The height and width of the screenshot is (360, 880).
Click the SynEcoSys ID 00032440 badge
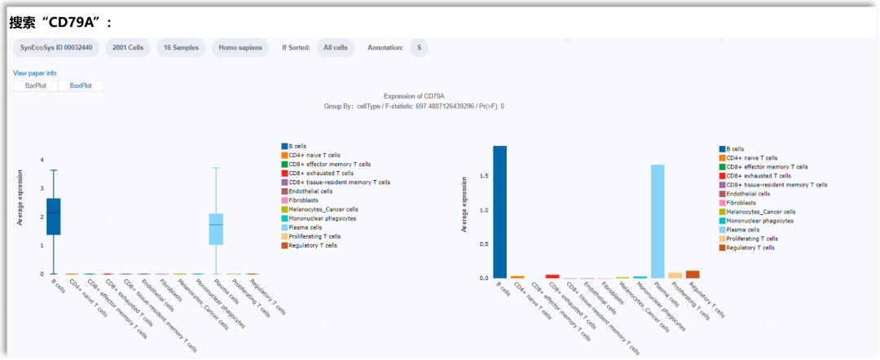click(55, 48)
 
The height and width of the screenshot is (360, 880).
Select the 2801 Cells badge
click(128, 48)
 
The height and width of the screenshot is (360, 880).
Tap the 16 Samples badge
click(181, 48)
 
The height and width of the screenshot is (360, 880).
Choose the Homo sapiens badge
click(240, 48)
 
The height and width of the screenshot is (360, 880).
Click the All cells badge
click(335, 48)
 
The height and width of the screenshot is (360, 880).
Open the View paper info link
click(35, 73)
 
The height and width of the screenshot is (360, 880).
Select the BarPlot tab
click(36, 86)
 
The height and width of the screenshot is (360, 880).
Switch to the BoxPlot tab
click(81, 86)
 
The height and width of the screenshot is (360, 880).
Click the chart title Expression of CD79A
click(413, 96)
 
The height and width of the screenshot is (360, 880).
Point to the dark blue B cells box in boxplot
click(54, 217)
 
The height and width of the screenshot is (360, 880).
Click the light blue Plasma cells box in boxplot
click(216, 229)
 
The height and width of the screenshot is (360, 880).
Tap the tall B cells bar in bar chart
click(499, 212)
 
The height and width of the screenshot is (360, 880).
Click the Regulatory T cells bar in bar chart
click(693, 274)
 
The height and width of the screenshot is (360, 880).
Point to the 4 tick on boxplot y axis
click(41, 160)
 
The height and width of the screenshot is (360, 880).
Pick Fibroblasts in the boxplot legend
click(303, 200)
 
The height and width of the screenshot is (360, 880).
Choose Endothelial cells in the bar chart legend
click(747, 194)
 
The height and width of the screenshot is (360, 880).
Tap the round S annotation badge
click(419, 48)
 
